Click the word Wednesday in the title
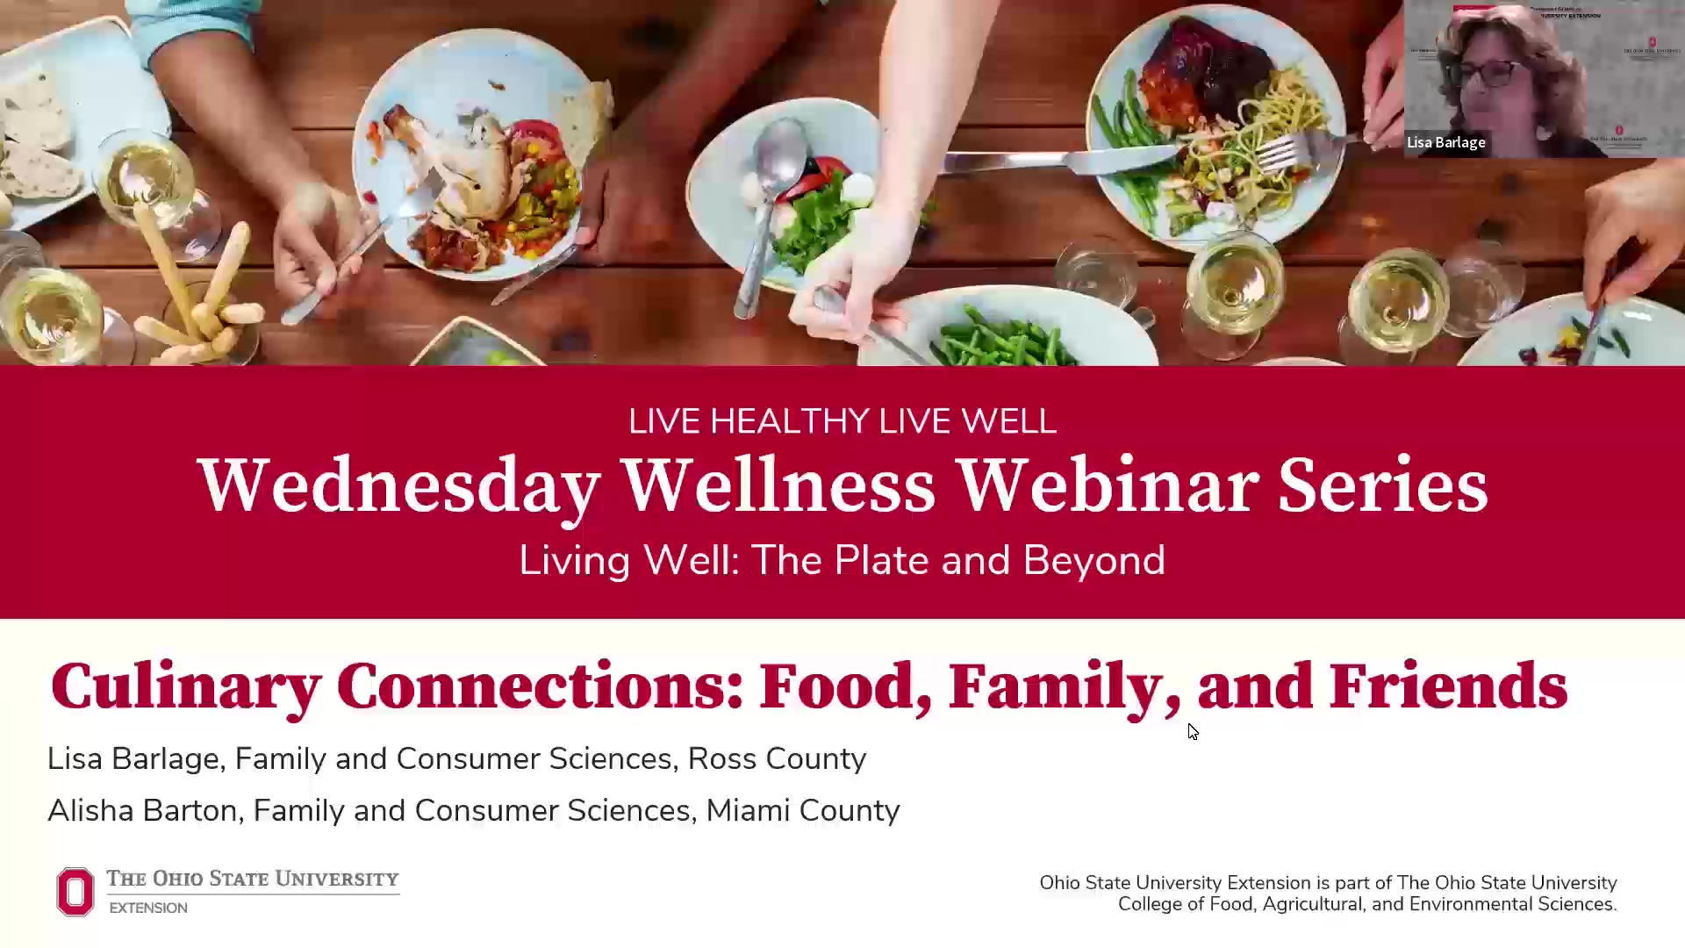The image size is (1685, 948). (x=399, y=485)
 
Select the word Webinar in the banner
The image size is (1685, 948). (x=1108, y=485)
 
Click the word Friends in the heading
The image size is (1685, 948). (x=1448, y=687)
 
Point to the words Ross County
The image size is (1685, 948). (x=777, y=758)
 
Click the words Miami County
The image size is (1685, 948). (x=803, y=810)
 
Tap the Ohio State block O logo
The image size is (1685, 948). (x=75, y=892)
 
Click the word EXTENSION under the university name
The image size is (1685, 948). (x=148, y=908)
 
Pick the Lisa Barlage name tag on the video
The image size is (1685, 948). (x=1445, y=142)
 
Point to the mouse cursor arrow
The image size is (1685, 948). (x=1192, y=730)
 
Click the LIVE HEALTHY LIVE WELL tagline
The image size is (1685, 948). (x=842, y=421)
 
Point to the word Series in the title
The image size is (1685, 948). (x=1382, y=485)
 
